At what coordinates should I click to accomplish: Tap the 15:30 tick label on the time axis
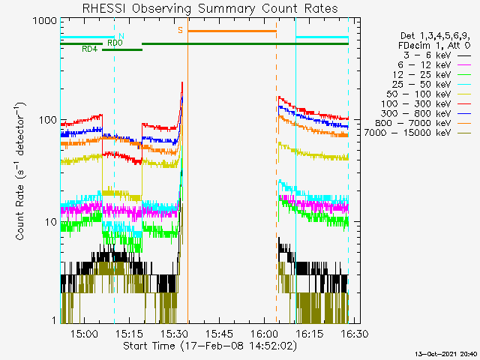click(174, 334)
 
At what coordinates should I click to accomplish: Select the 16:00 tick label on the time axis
click(264, 334)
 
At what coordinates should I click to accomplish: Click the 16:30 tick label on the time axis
click(354, 334)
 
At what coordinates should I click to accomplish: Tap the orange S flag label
click(180, 30)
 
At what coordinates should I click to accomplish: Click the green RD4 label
click(89, 49)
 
